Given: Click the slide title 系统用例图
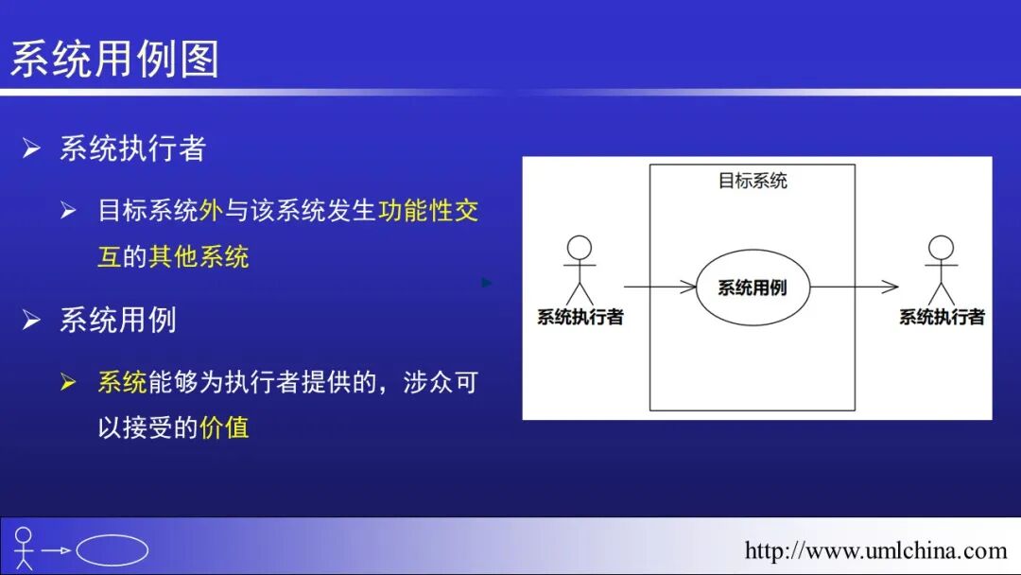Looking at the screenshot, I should (114, 59).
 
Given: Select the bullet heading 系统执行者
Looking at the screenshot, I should (132, 148).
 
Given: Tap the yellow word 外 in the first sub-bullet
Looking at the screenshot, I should (211, 210).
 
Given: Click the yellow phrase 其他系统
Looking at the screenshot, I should (199, 256).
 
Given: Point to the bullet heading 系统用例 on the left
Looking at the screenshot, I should (118, 320).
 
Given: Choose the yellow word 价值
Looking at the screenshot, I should (224, 427).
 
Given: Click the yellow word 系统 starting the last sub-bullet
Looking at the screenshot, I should (122, 382).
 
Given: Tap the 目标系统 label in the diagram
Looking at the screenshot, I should (753, 181).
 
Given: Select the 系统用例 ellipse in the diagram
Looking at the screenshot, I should (753, 287).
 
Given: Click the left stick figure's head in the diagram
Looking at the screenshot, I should (579, 248).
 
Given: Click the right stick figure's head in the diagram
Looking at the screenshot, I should (941, 248).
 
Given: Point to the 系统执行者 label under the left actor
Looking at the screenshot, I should (580, 318).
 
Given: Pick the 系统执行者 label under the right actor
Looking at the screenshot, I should (942, 318).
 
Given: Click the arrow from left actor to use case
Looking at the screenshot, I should (659, 287).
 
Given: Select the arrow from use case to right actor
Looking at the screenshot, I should (854, 287).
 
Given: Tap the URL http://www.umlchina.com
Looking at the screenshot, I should (875, 550).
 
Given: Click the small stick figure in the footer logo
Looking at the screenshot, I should (24, 549).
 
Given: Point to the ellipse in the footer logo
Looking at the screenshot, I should (112, 550).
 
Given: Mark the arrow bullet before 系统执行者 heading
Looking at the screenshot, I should (32, 148).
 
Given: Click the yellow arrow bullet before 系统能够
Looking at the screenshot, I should (68, 382).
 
